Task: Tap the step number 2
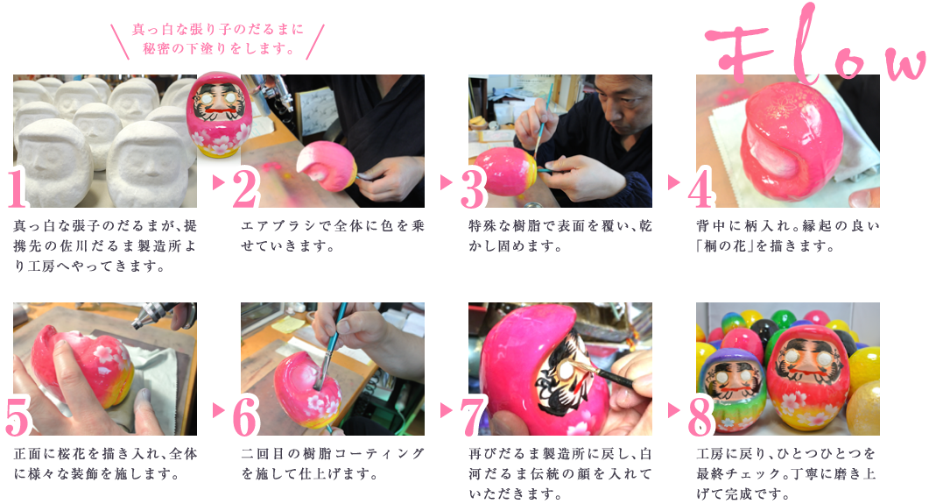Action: [x=241, y=189]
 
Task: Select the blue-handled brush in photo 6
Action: [x=336, y=325]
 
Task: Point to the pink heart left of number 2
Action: [x=212, y=182]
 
